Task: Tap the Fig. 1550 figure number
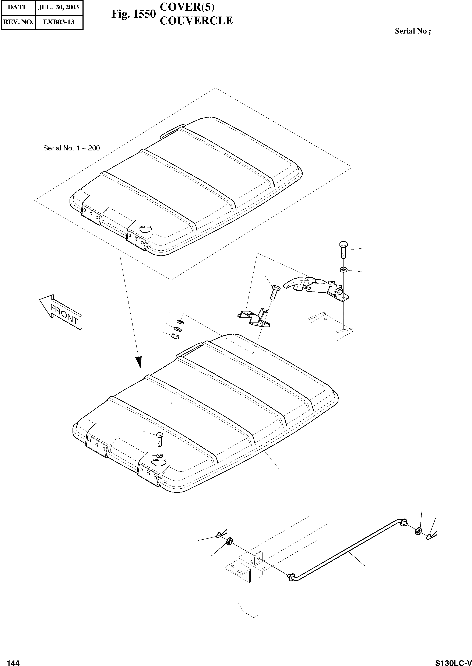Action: click(133, 14)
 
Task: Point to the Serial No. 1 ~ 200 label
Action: click(71, 148)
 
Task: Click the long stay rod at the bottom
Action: click(349, 552)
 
